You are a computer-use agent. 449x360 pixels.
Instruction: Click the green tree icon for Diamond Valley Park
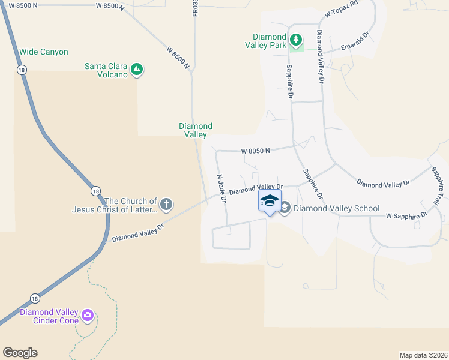295,40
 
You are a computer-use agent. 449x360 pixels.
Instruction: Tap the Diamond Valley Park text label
269,40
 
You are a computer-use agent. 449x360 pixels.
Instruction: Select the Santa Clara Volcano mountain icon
137,70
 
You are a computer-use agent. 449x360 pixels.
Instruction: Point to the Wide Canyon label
44,52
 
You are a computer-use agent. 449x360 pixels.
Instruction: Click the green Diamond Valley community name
196,130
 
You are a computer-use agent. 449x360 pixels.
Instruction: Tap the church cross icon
166,205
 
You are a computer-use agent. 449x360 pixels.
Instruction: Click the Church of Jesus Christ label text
114,205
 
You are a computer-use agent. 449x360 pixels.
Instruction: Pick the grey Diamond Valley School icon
285,208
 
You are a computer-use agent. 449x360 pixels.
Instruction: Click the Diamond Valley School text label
336,208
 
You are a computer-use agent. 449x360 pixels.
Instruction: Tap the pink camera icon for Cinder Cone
88,314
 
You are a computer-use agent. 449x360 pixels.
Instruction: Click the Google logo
20,353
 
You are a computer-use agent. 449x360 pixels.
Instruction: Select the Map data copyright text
423,355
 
